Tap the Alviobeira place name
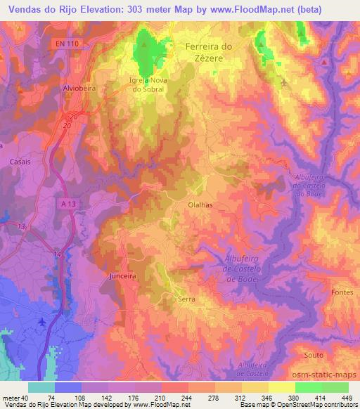pos(79,90)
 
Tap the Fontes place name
pos(340,292)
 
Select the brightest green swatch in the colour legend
pos(308,387)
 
